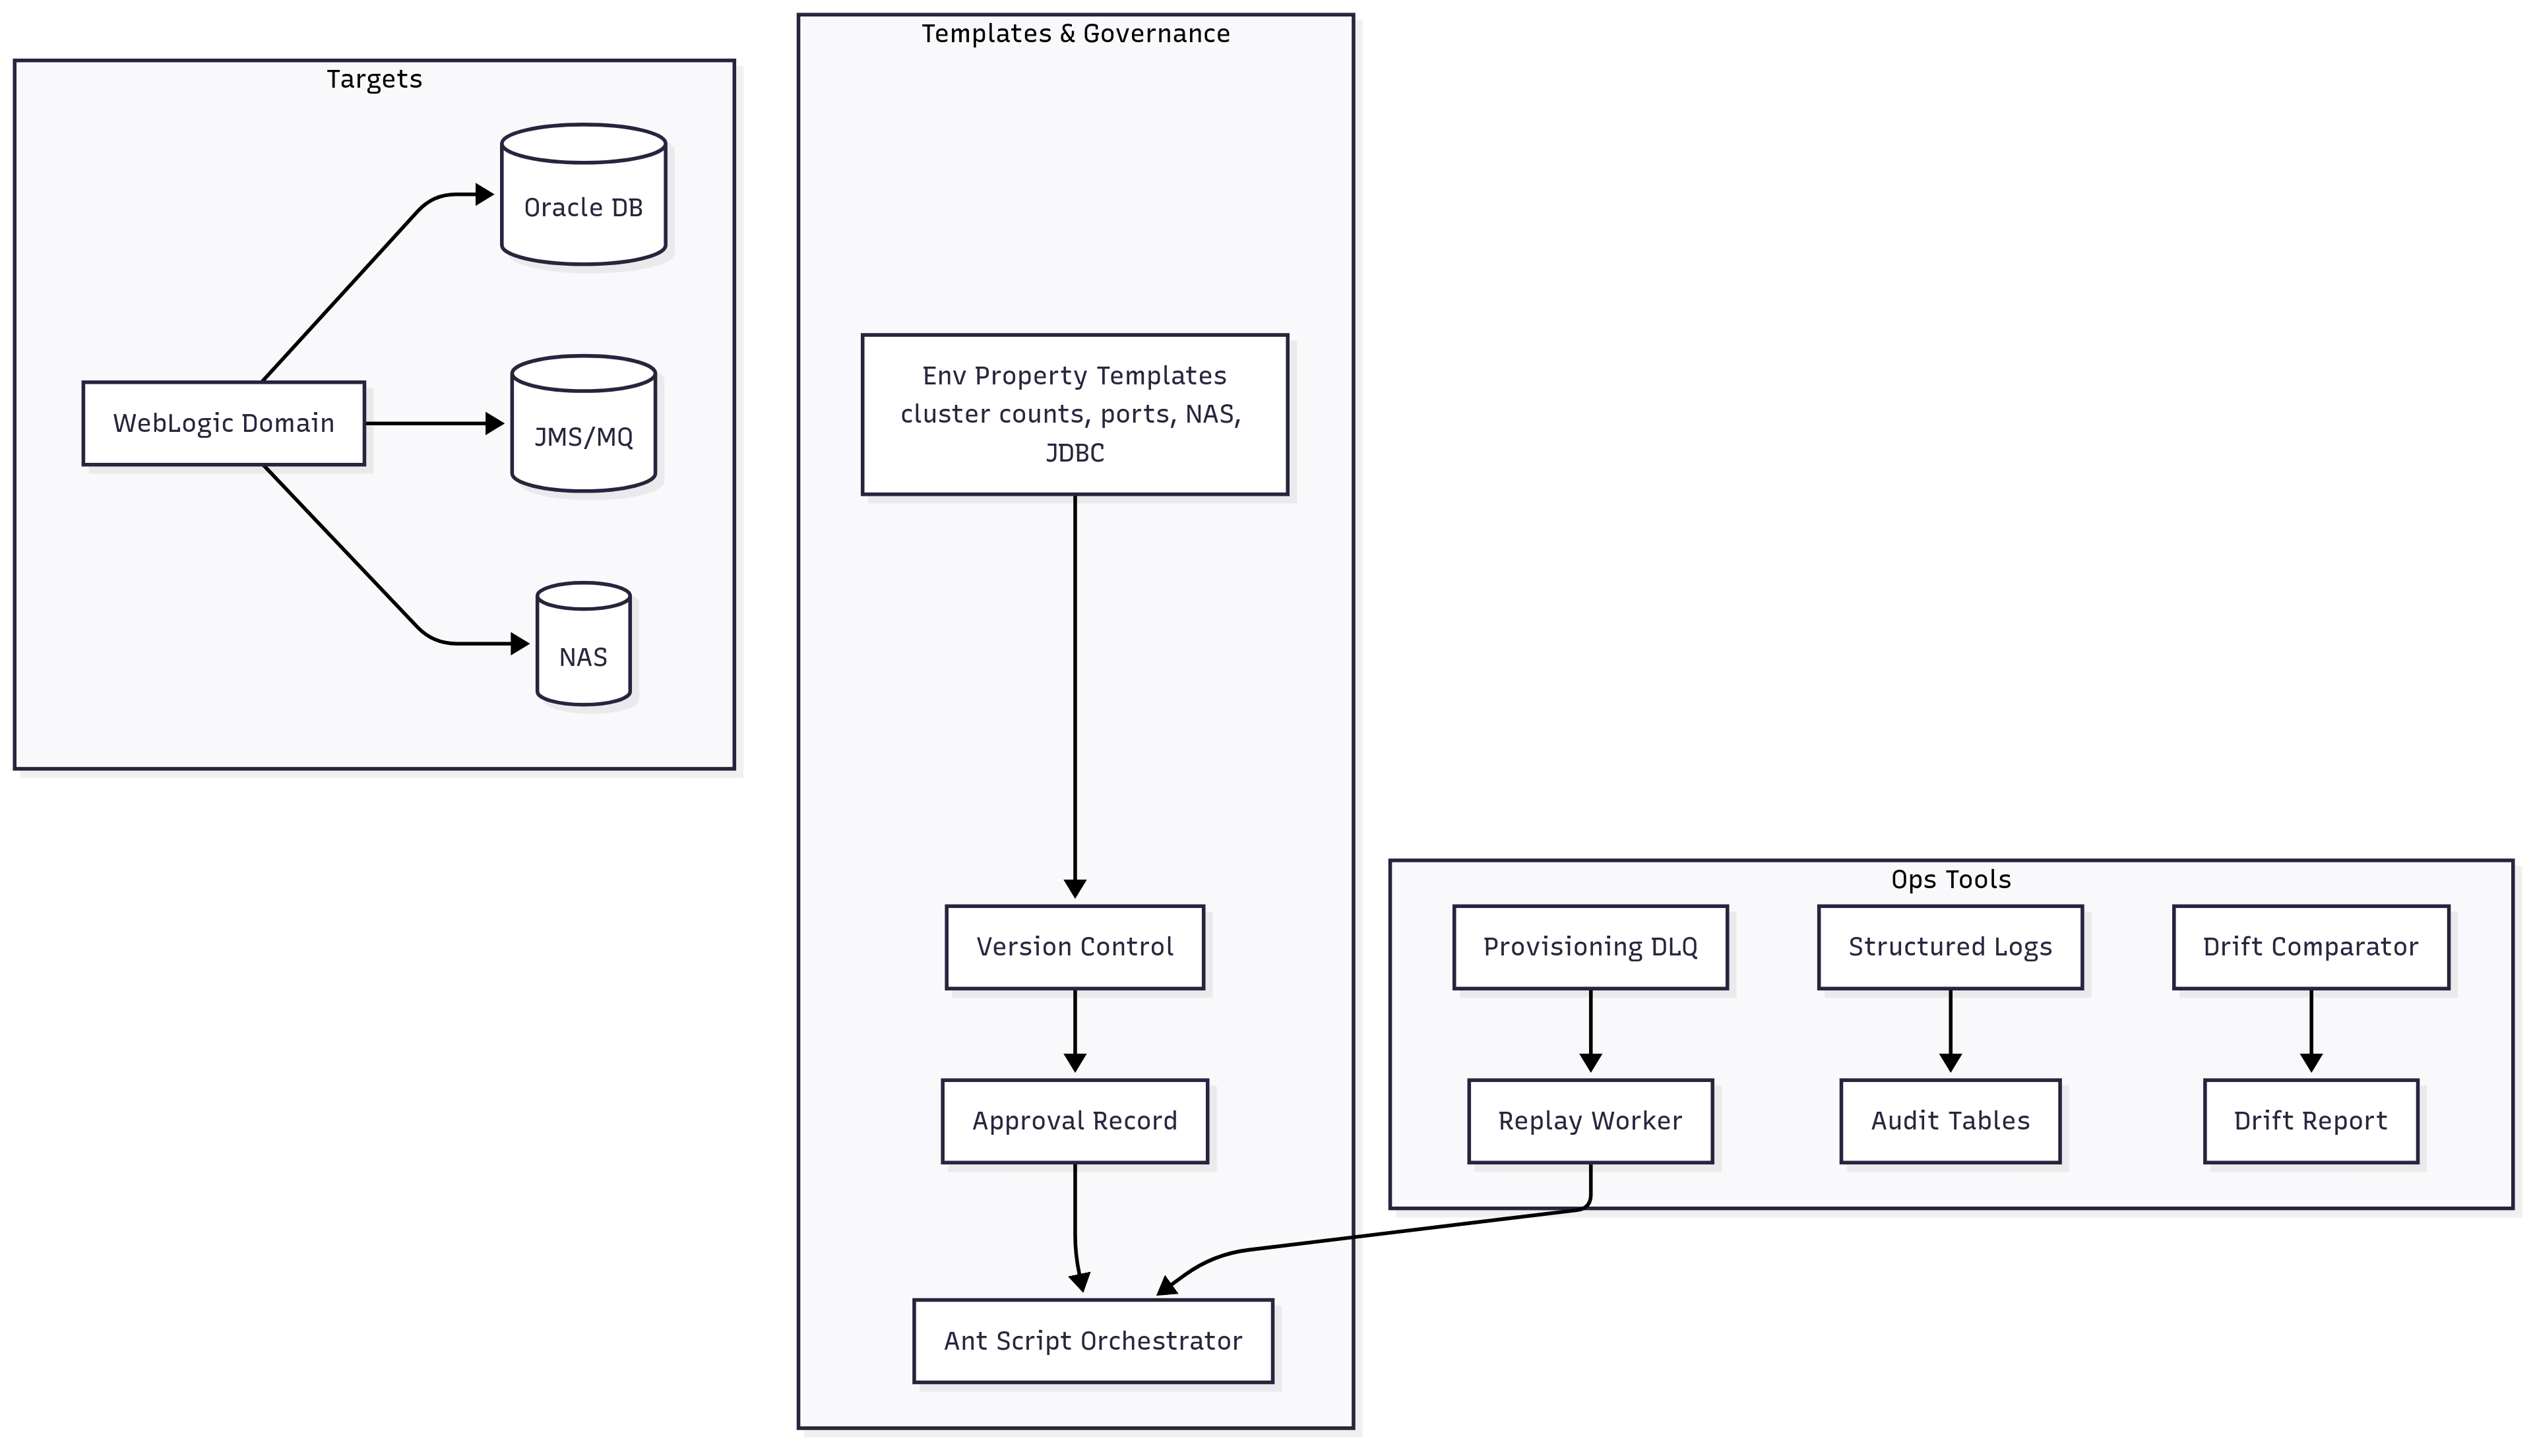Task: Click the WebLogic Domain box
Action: point(224,423)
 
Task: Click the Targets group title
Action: point(375,79)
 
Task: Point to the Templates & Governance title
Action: point(1075,34)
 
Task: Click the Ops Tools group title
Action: point(1950,880)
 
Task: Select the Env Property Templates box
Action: point(1074,414)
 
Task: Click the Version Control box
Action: point(1074,946)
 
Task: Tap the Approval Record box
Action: point(1074,1121)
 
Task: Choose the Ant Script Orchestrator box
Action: point(1092,1341)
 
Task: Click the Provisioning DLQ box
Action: point(1589,946)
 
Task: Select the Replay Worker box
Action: point(1589,1121)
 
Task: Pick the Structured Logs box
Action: point(1949,946)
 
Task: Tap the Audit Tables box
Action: point(1949,1121)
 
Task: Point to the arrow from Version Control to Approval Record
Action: point(1074,1033)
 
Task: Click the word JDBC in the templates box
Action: point(1074,453)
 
